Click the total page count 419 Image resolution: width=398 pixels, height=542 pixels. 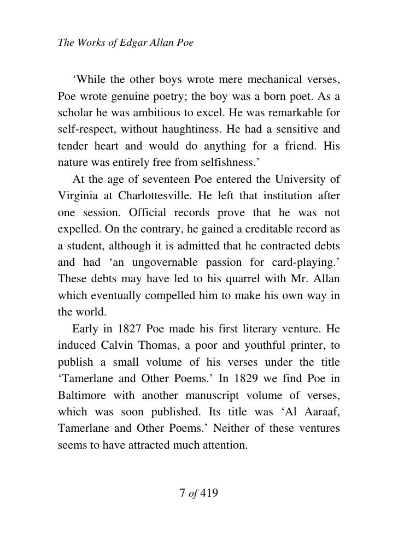click(x=209, y=493)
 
